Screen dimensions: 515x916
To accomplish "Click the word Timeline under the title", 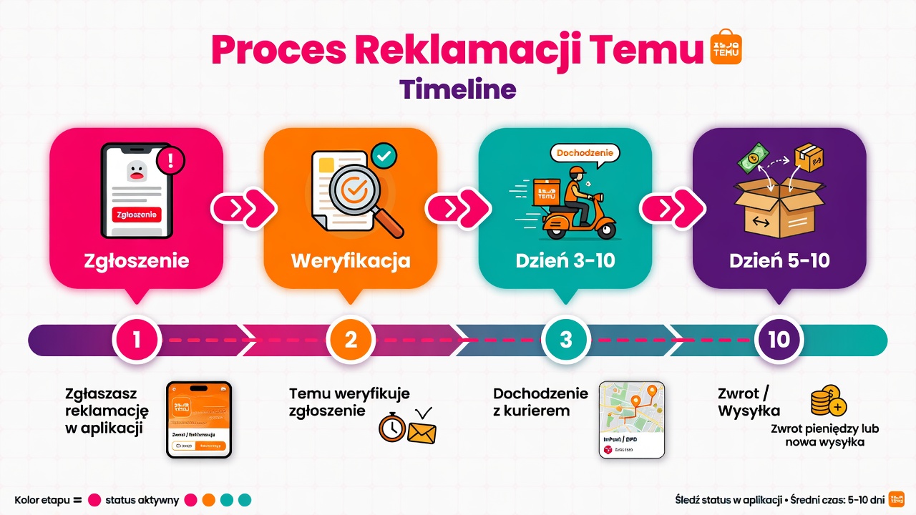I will [457, 89].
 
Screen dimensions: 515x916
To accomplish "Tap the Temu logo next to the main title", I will [724, 47].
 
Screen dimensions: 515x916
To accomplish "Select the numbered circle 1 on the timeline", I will [137, 339].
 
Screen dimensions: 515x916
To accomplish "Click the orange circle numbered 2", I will [351, 339].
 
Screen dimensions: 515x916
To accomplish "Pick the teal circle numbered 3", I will [565, 339].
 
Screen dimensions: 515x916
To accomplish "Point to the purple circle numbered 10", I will [779, 339].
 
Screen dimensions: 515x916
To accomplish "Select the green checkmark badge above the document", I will [384, 155].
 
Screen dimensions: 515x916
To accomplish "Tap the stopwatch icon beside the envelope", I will [391, 428].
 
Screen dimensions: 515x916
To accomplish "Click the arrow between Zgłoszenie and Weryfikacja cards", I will [243, 208].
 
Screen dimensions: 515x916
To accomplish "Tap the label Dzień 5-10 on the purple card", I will [779, 260].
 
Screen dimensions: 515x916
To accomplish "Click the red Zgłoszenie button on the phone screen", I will [136, 214].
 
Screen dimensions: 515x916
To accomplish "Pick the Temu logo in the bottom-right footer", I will [897, 499].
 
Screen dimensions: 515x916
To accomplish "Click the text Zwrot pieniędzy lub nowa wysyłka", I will [824, 436].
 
